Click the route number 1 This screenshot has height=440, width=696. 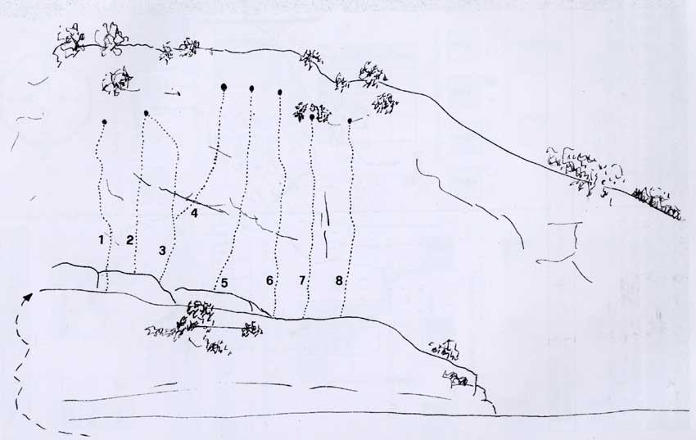[x=102, y=240]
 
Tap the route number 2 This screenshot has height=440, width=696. [x=129, y=240]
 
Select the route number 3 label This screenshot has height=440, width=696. [x=162, y=251]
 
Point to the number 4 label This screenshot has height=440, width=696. [x=194, y=213]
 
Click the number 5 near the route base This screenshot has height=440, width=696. [x=224, y=283]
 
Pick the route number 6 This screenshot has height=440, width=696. [x=269, y=280]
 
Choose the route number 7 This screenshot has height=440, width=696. [x=302, y=280]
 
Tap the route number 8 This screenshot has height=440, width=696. [x=339, y=280]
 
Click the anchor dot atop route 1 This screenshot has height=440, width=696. [x=104, y=121]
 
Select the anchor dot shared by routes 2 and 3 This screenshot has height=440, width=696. [x=146, y=113]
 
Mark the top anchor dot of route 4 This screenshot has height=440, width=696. [x=224, y=87]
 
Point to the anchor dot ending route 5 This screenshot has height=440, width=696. [x=251, y=88]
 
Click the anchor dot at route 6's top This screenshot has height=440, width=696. [x=280, y=93]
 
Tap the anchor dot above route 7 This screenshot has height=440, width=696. [x=312, y=117]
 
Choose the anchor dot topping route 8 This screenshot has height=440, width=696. [x=350, y=120]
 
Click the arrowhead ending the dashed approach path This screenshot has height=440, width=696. [x=29, y=297]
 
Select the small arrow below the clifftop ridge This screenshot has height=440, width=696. [x=172, y=93]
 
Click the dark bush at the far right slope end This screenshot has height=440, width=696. [x=658, y=204]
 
